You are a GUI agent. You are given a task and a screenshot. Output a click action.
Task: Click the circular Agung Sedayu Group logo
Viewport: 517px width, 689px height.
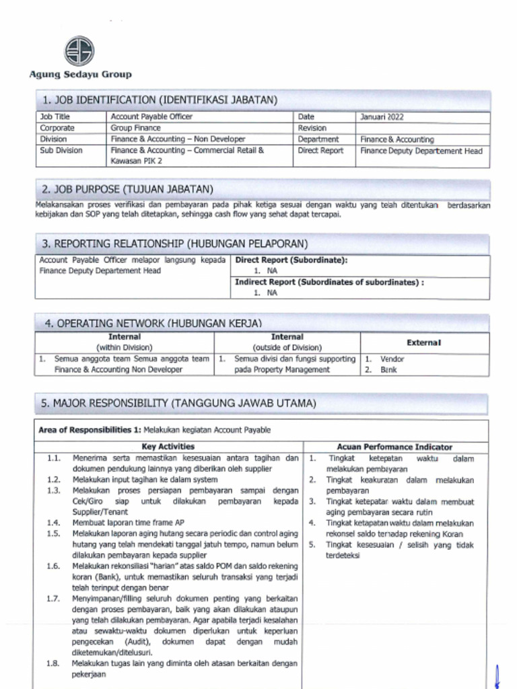click(x=79, y=51)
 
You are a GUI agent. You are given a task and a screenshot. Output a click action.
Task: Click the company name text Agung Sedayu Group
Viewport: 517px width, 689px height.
click(x=80, y=75)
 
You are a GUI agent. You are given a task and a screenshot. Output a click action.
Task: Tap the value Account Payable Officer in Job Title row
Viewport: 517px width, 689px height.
click(x=151, y=117)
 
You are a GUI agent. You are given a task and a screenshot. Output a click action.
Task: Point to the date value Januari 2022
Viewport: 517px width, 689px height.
click(x=382, y=117)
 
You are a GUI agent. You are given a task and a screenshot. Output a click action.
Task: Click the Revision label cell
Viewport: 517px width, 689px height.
click(x=312, y=128)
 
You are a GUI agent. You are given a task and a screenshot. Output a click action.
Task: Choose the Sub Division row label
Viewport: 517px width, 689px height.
click(x=61, y=151)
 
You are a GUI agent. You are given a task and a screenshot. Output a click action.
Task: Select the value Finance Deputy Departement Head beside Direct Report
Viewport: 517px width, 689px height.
click(x=421, y=151)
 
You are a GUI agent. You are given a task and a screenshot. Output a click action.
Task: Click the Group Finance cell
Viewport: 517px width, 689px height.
click(x=135, y=128)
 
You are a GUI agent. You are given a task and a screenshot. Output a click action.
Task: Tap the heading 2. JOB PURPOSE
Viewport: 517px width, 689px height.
click(x=128, y=189)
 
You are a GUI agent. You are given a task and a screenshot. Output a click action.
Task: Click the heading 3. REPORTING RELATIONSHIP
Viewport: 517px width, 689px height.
click(x=175, y=244)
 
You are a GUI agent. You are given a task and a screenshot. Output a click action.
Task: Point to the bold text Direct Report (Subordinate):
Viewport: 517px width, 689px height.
click(x=291, y=260)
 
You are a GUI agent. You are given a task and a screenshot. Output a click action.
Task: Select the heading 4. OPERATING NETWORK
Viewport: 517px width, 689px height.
click(x=153, y=323)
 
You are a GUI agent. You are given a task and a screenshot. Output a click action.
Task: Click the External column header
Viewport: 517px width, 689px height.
click(x=423, y=342)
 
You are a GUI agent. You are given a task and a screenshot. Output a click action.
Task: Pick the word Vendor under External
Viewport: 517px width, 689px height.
click(x=392, y=359)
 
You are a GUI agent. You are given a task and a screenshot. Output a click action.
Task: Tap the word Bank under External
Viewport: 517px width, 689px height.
click(x=388, y=370)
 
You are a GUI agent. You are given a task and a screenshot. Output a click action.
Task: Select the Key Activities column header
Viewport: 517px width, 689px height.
click(x=168, y=446)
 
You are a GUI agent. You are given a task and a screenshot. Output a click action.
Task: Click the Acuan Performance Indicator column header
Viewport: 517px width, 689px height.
click(x=394, y=446)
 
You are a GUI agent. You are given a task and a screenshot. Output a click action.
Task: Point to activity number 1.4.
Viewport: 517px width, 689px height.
click(x=54, y=523)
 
